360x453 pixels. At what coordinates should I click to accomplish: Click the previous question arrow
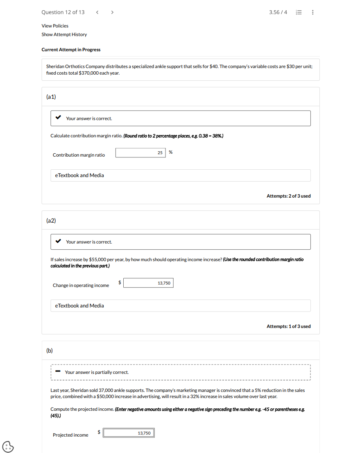[x=97, y=12]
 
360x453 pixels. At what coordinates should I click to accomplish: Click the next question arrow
[x=112, y=12]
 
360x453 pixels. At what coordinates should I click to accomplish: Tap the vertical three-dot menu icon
[x=313, y=12]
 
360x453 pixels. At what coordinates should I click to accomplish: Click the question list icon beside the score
[x=299, y=12]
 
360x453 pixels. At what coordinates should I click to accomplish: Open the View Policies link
[x=55, y=26]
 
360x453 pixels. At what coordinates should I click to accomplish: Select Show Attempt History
[x=64, y=34]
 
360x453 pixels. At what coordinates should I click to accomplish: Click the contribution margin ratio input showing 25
[x=140, y=153]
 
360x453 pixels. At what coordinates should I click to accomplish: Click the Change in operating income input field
[x=148, y=283]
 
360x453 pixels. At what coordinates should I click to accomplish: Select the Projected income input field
[x=129, y=433]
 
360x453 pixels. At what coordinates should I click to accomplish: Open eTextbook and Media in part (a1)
[x=79, y=175]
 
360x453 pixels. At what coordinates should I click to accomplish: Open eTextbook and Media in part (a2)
[x=79, y=306]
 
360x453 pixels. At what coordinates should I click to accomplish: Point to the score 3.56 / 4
[x=278, y=12]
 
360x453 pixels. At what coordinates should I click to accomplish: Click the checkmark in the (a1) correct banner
[x=58, y=118]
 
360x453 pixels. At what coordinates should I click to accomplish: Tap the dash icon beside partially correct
[x=58, y=372]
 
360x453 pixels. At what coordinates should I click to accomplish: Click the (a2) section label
[x=51, y=221]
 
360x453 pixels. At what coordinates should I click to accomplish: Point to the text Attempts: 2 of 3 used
[x=288, y=196]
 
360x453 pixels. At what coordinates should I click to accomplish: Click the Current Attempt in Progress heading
[x=71, y=50]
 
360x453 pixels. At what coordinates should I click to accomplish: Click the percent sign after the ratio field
[x=171, y=152]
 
